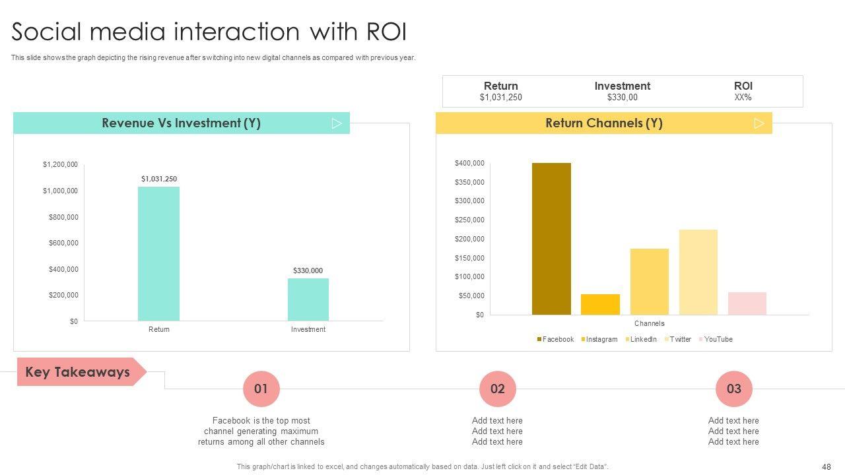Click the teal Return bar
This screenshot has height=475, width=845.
158,254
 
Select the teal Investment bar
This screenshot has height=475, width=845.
308,300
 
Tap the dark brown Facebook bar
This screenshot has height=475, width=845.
551,239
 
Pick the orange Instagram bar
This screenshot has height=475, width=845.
600,304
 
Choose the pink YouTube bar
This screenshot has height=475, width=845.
747,303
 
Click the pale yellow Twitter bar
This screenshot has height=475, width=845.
698,272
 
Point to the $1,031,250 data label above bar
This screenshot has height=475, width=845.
159,179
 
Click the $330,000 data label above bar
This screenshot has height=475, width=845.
308,270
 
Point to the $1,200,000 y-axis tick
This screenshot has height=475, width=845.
60,164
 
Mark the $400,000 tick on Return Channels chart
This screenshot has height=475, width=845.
469,163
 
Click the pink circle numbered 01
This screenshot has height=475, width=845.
261,389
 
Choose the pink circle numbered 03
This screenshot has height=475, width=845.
734,389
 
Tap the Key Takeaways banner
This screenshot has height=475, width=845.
78,372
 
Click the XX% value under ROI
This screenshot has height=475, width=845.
743,98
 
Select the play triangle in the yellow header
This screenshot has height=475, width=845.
759,123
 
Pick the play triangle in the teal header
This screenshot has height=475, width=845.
337,123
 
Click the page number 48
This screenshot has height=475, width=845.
827,466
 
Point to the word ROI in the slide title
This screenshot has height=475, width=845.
386,32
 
